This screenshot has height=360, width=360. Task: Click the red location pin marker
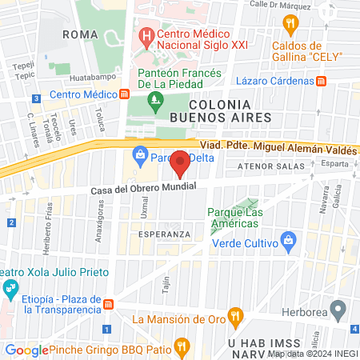181,162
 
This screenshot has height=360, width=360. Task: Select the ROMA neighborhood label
80,34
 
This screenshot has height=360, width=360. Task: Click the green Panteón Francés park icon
154,101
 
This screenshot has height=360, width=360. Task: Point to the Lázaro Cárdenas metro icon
322,81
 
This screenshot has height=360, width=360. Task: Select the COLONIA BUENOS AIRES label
220,112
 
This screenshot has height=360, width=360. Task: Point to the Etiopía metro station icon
108,304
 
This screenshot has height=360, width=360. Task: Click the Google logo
26,350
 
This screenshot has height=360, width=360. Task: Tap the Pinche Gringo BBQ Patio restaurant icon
182,347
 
